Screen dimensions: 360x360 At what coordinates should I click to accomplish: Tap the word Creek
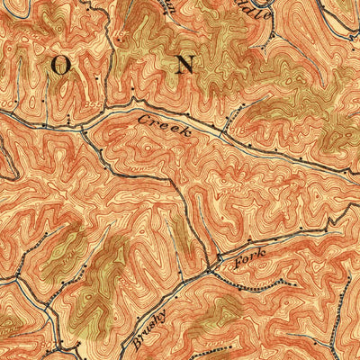click(165, 125)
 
